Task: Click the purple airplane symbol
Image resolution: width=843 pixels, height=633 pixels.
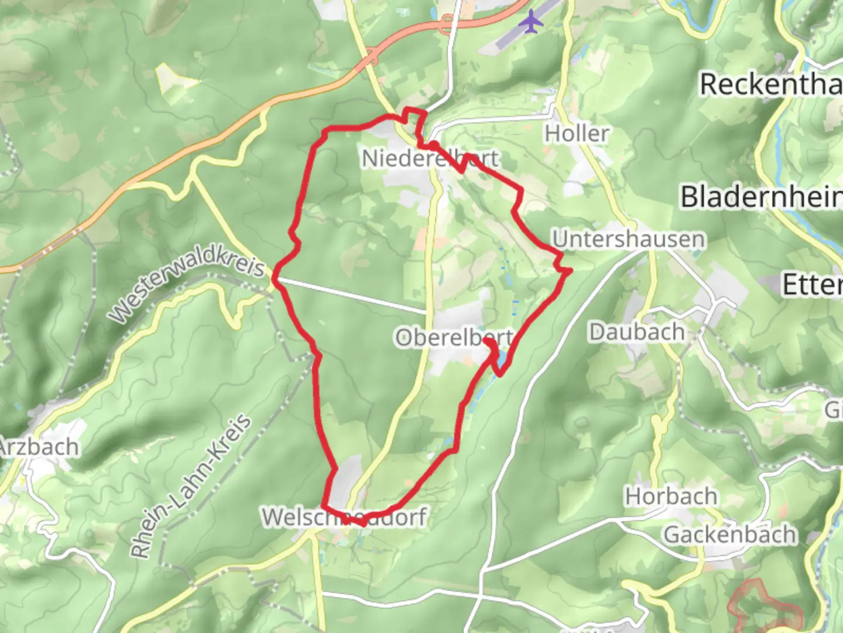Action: pyautogui.click(x=531, y=22)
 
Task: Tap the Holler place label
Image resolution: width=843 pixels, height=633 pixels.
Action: pyautogui.click(x=577, y=134)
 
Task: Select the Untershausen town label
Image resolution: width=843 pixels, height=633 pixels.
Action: pyautogui.click(x=629, y=239)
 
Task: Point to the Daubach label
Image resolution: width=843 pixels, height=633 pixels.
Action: pyautogui.click(x=637, y=332)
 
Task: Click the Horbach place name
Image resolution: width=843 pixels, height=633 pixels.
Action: pyautogui.click(x=671, y=496)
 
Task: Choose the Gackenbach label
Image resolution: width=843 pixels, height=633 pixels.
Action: pyautogui.click(x=729, y=535)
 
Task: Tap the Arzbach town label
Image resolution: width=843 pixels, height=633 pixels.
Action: pyautogui.click(x=39, y=447)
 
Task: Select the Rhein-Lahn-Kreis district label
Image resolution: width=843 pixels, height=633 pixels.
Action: pyautogui.click(x=191, y=488)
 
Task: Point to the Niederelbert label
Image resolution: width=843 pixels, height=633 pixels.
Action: pyautogui.click(x=430, y=158)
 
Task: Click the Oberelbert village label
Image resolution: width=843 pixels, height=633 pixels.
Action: pyautogui.click(x=454, y=338)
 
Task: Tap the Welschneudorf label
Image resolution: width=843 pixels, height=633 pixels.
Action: pyautogui.click(x=344, y=517)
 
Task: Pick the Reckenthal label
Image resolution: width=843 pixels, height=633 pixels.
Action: pyautogui.click(x=770, y=84)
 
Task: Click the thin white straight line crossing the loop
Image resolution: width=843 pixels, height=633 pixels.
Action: pyautogui.click(x=351, y=295)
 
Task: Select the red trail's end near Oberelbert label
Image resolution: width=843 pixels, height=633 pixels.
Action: pyautogui.click(x=487, y=340)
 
